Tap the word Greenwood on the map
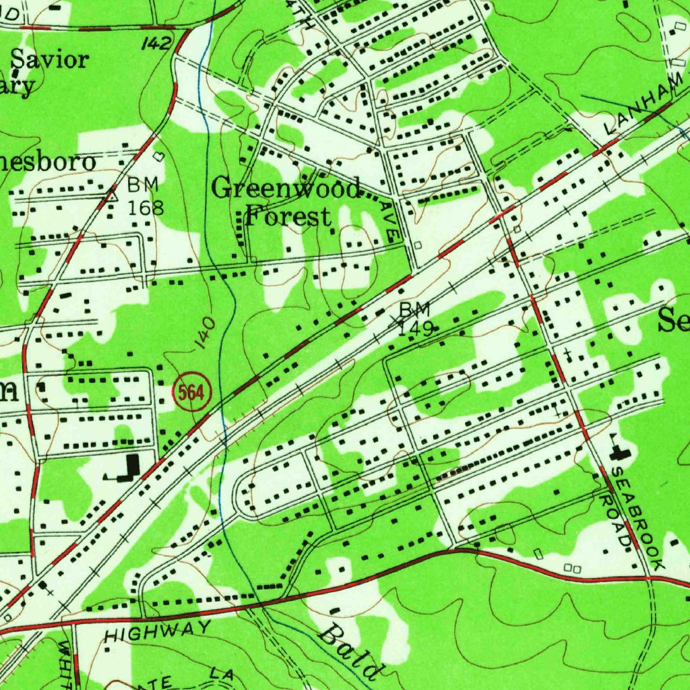pos(286,188)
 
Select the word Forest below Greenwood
pos(288,217)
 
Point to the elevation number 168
pos(146,208)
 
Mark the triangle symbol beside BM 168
pos(113,196)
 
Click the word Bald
pos(348,650)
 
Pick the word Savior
pos(50,60)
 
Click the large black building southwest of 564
pos(128,468)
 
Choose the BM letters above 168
pos(143,184)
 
